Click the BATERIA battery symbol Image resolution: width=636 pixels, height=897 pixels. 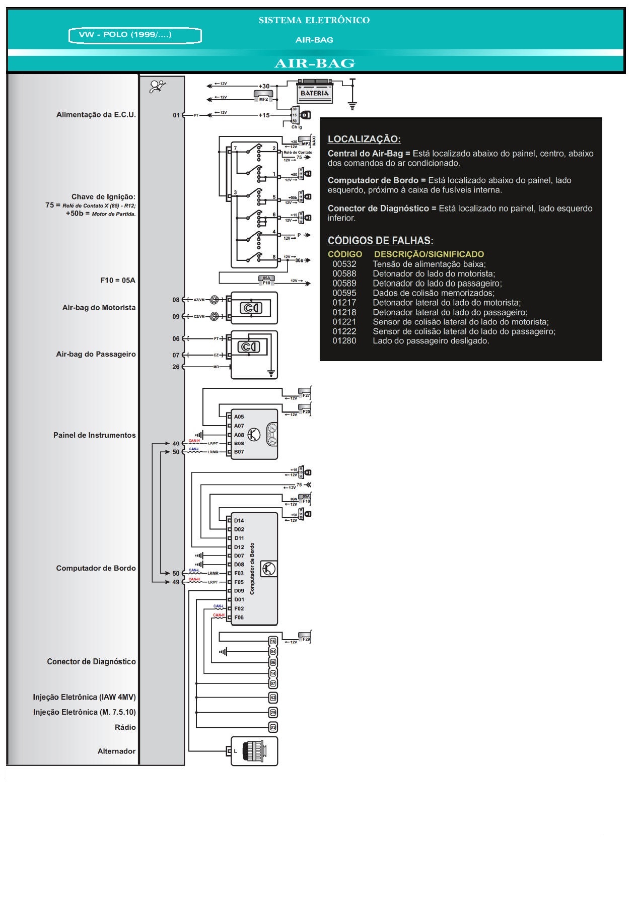click(x=314, y=92)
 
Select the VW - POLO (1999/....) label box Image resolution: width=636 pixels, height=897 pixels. click(x=135, y=35)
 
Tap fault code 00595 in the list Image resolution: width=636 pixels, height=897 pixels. click(x=344, y=293)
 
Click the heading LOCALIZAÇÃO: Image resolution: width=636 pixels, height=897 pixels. click(x=364, y=139)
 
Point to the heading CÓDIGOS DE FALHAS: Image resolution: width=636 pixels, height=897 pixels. click(x=380, y=241)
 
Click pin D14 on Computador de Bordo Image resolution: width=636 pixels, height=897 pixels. click(x=239, y=521)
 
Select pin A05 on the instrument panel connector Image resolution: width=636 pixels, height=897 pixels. click(x=239, y=417)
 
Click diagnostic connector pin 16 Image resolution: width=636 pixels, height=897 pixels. click(x=273, y=641)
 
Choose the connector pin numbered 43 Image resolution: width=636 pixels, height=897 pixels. click(x=273, y=698)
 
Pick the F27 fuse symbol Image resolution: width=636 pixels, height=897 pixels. click(x=305, y=393)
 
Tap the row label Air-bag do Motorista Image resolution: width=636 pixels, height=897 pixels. click(x=99, y=308)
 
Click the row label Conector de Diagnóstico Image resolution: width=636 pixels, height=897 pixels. click(x=91, y=662)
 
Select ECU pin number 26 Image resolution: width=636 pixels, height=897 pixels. click(x=176, y=367)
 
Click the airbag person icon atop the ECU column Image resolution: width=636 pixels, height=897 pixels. click(x=158, y=87)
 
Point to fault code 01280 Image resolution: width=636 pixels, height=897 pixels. click(x=344, y=341)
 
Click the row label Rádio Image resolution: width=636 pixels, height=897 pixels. click(x=125, y=727)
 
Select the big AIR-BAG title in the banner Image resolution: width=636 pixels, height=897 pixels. click(x=314, y=63)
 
